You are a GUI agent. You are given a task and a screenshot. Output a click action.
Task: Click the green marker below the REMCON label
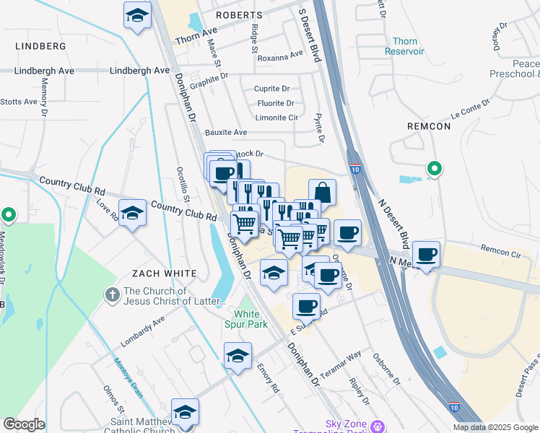pos(434,169)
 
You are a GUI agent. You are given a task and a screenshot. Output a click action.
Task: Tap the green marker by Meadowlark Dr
pos(8,215)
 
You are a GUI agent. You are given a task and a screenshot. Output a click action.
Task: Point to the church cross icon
pos(111,294)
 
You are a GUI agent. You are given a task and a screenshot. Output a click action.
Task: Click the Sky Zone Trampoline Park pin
pos(375,427)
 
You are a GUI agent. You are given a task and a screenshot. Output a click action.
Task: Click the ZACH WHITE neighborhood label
pos(164,274)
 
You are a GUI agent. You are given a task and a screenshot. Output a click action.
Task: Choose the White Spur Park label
pos(251,319)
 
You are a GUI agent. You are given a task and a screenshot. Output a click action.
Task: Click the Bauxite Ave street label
pos(225,132)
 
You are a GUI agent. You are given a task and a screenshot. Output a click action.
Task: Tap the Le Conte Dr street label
pos(470,109)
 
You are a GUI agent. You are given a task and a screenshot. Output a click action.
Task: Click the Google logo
pos(25,424)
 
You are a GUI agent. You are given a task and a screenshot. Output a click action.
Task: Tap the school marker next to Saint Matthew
pos(185,412)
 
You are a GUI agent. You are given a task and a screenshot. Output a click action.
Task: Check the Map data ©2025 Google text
pos(495,427)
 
